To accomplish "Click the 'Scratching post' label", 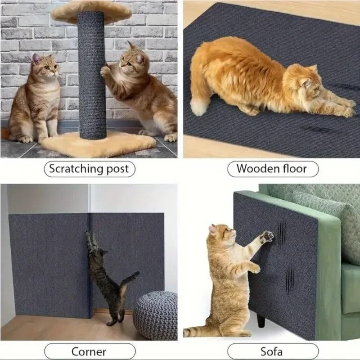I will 89,169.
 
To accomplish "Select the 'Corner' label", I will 89,351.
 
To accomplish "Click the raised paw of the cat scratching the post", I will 105,71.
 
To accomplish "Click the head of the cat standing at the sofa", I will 223,234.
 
